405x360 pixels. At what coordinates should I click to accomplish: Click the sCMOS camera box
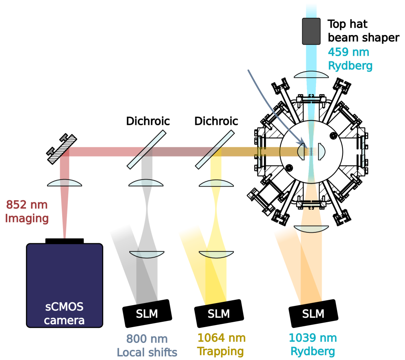coord(64,285)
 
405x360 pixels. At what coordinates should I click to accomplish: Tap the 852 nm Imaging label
coord(27,212)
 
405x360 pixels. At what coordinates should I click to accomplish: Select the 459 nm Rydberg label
coord(350,59)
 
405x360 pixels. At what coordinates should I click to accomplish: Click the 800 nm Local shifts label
coord(147,346)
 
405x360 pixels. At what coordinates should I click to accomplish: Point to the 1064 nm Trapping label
coord(221,345)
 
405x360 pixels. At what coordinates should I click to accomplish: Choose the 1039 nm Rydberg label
coord(312,345)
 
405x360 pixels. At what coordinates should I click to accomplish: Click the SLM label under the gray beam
coord(147,314)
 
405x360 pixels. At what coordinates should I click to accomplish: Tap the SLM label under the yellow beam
coord(219,314)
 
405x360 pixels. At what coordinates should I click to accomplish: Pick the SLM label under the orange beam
coord(313,314)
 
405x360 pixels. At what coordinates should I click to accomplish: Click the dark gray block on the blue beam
coord(311,31)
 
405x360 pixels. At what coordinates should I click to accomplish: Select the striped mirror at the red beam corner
coord(63,150)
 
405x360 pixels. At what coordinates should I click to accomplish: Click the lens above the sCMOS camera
coord(65,183)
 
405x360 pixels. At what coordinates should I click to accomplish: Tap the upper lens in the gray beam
coord(146,183)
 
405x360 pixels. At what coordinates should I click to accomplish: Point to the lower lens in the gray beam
coord(147,254)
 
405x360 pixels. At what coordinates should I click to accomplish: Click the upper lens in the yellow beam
coord(216,184)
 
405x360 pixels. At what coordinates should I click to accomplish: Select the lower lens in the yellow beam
coord(216,254)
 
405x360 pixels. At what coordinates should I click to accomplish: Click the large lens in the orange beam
coord(311,229)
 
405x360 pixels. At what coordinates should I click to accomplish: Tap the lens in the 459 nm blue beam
coord(311,75)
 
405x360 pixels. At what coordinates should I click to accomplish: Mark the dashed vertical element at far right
coord(363,152)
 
